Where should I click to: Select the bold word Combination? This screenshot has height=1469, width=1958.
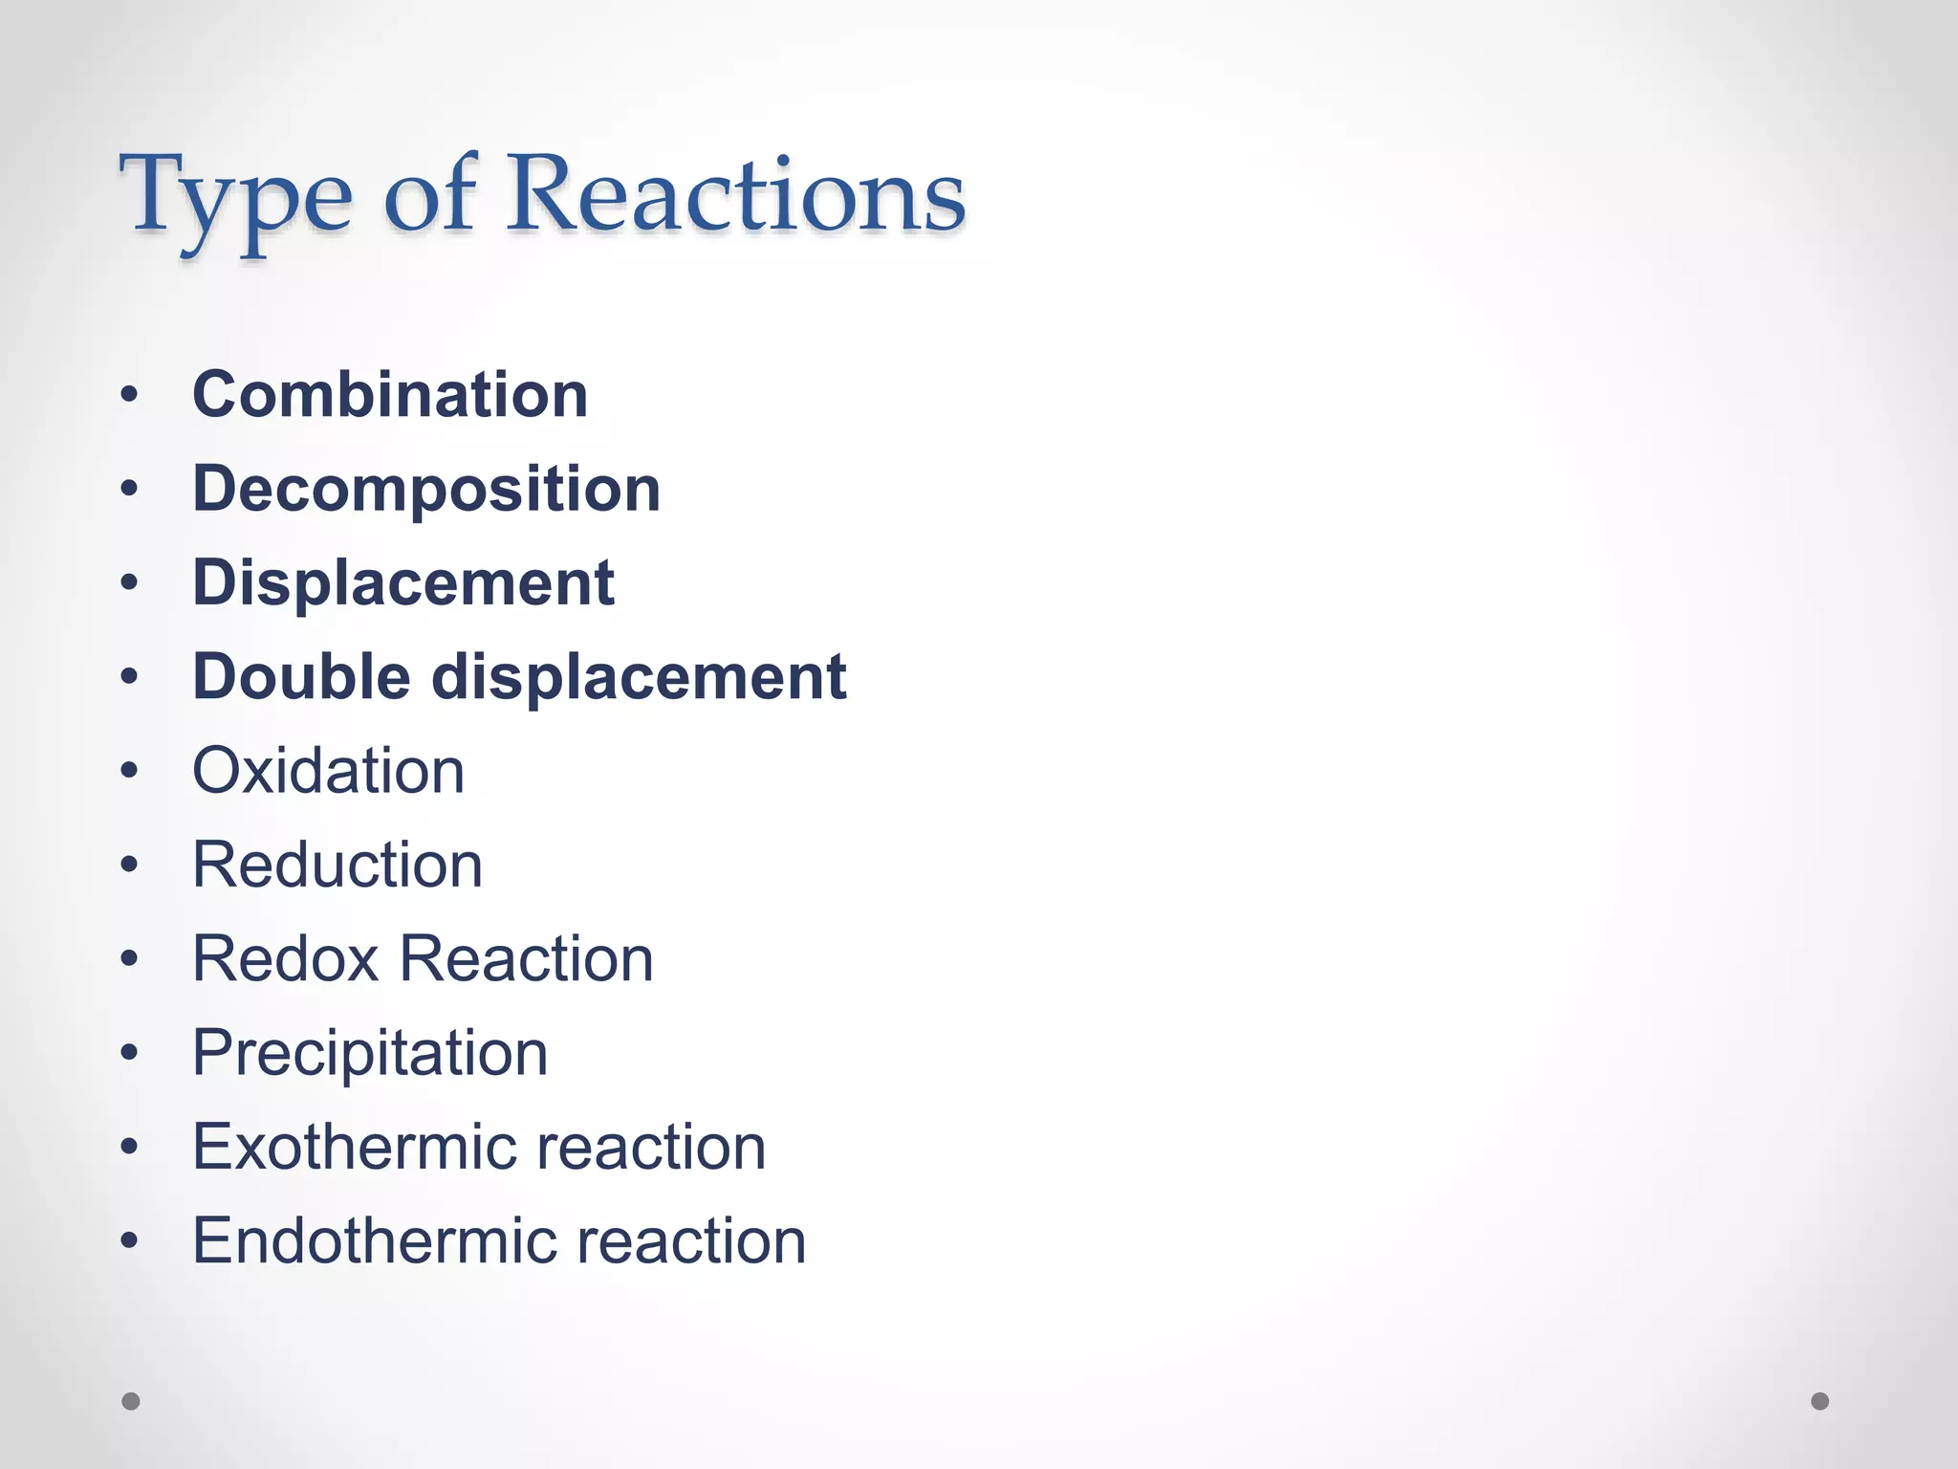(390, 394)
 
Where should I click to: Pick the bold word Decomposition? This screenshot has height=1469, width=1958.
(426, 489)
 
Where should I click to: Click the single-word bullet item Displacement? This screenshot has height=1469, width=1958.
(403, 582)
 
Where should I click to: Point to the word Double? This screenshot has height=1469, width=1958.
(302, 676)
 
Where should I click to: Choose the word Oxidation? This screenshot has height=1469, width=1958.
(329, 770)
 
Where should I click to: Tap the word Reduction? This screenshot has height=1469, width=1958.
(337, 865)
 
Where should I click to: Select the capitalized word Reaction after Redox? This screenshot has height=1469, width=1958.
(526, 958)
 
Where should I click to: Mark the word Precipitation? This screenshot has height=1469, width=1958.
(370, 1053)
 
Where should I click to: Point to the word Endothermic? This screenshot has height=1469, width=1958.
(374, 1240)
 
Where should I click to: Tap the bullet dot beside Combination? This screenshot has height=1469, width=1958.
(130, 394)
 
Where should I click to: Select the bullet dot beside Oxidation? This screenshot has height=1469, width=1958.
(130, 770)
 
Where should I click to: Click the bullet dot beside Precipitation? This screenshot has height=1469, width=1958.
(130, 1053)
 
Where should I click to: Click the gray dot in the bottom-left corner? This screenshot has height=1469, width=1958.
(131, 1401)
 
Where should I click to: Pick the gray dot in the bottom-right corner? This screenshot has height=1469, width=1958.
(1820, 1401)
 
